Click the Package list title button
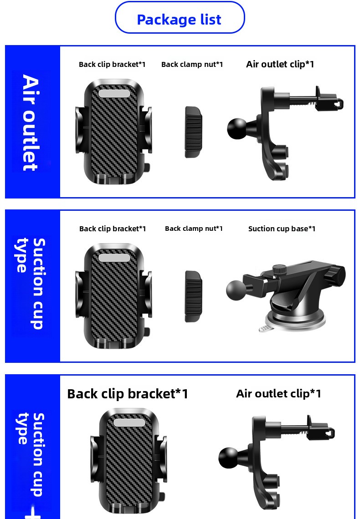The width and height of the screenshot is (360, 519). [180, 18]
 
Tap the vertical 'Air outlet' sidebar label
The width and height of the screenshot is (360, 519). [30, 122]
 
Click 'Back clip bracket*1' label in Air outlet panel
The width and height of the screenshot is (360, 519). [112, 64]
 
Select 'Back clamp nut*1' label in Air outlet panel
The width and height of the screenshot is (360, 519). [192, 64]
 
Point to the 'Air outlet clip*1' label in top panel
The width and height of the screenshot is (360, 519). [280, 64]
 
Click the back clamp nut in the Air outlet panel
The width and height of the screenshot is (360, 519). [193, 132]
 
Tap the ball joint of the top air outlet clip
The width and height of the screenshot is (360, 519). [237, 129]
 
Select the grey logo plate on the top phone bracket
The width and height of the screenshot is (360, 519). [114, 93]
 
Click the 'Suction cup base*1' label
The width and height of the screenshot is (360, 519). [282, 229]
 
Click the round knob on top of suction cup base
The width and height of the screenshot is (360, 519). [279, 270]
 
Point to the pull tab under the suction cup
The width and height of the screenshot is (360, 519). [265, 328]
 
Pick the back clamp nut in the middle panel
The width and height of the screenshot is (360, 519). [193, 296]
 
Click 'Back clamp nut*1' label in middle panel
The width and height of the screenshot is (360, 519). [194, 229]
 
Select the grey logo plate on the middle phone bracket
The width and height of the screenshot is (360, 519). [114, 258]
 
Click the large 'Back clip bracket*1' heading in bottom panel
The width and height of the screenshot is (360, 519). [128, 394]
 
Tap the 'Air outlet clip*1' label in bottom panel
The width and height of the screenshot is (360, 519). [278, 393]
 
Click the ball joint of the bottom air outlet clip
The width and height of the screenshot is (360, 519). [228, 458]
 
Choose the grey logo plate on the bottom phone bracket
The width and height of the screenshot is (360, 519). [129, 422]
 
